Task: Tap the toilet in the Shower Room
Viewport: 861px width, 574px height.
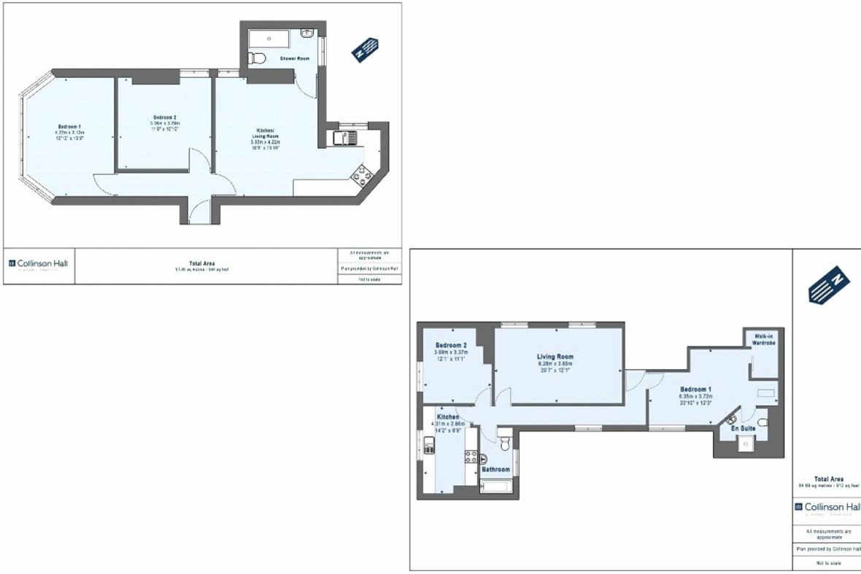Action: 255,57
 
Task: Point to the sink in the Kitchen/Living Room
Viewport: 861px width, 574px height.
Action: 341,137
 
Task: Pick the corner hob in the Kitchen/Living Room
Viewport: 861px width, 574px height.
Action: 362,174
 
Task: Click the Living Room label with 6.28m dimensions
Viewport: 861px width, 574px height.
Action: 556,357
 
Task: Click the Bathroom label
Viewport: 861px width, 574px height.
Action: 495,470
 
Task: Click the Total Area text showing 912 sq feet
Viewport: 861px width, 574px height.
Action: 826,481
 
